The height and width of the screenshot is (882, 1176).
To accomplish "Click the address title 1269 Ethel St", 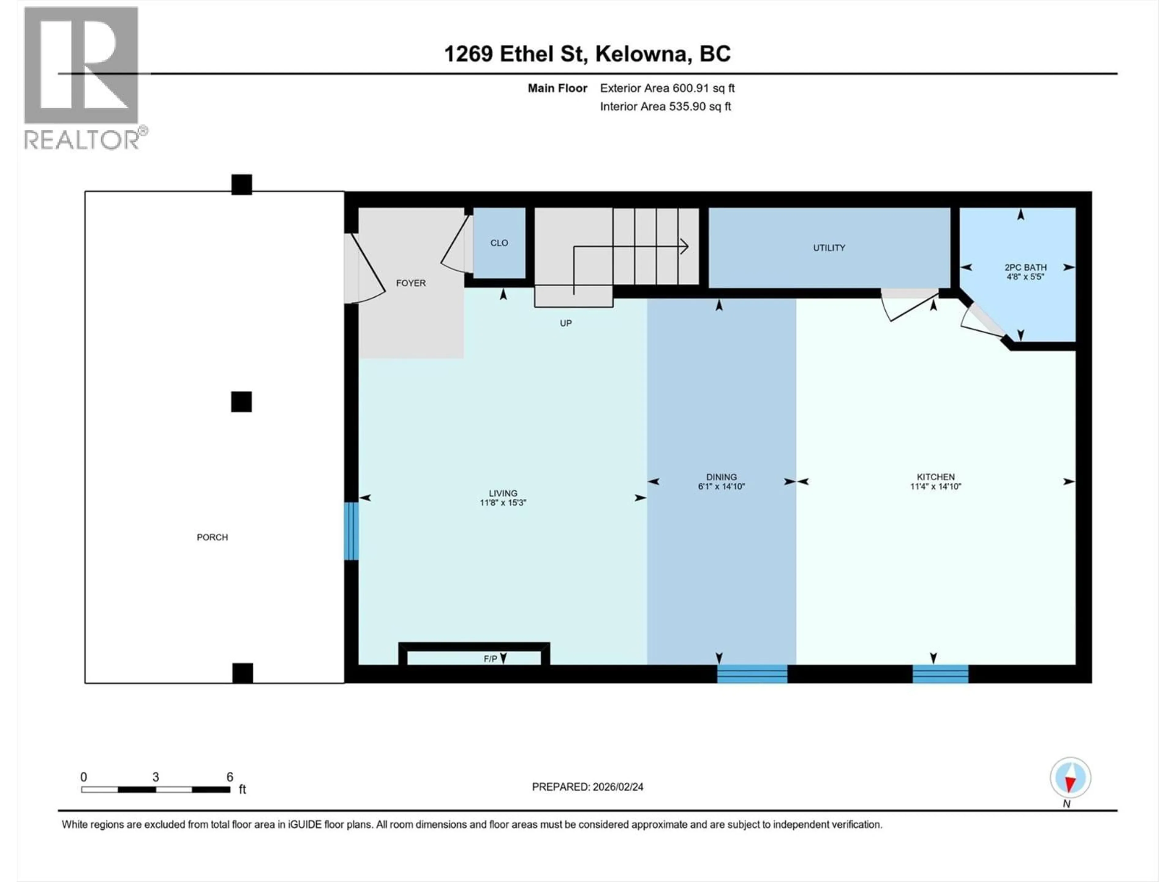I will click(x=587, y=54).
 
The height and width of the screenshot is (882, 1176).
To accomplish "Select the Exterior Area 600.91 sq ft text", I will click(x=667, y=88).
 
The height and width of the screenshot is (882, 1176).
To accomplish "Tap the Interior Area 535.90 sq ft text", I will click(x=665, y=106).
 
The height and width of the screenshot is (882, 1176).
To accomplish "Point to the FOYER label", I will click(x=410, y=283).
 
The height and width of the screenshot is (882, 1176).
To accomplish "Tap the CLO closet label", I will click(x=499, y=243).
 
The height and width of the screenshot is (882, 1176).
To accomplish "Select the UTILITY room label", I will click(x=829, y=248).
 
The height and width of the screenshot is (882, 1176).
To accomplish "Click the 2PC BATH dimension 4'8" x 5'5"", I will click(x=1025, y=277).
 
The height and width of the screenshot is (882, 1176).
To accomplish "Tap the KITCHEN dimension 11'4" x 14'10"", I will click(x=935, y=486).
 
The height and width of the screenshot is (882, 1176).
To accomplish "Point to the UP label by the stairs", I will click(x=566, y=323).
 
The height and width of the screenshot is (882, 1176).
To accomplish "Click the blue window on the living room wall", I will click(x=351, y=531).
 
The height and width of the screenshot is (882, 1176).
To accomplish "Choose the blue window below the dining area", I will click(x=752, y=674).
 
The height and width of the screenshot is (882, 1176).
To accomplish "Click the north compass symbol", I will click(x=1070, y=778).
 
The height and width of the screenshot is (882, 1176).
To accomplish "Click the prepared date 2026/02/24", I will click(x=587, y=787).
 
